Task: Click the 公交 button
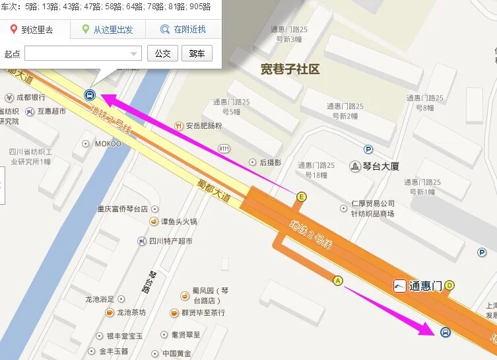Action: (162, 54)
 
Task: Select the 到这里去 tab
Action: (31, 30)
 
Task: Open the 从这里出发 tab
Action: (107, 30)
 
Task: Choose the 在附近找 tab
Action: (184, 30)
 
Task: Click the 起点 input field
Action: (83, 54)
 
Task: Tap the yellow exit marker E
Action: (302, 196)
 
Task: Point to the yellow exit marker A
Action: (339, 280)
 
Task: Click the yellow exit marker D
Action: (449, 285)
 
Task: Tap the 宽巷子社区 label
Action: (290, 69)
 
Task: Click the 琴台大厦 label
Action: (380, 166)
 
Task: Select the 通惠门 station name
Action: (425, 286)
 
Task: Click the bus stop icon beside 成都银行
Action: (88, 95)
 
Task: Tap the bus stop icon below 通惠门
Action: (445, 332)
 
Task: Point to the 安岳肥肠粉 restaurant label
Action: (203, 126)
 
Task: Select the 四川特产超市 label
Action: (170, 241)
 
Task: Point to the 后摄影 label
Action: (270, 162)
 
